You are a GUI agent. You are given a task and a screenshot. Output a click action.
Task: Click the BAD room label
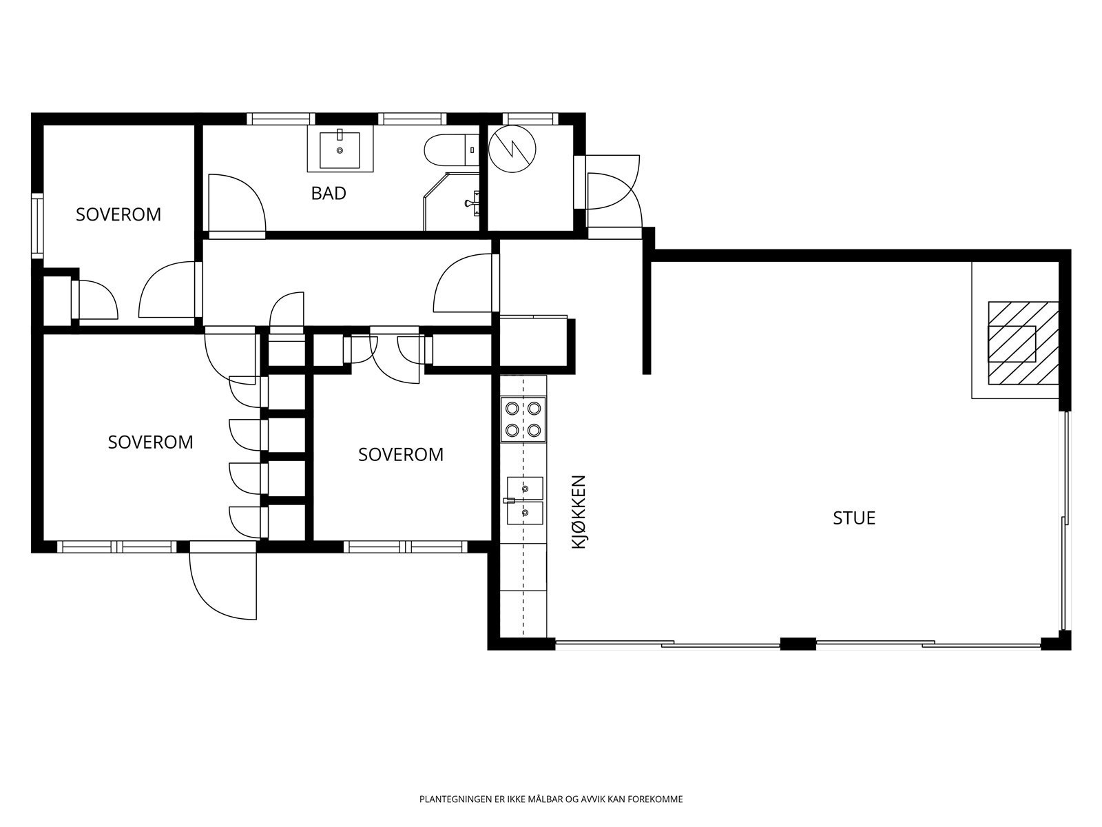(329, 194)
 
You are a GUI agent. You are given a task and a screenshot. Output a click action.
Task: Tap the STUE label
(854, 518)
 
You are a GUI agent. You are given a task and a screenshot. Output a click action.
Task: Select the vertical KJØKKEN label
(579, 511)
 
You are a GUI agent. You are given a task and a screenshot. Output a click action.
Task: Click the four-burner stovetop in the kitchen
(523, 419)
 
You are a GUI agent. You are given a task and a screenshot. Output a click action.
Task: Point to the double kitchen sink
(525, 500)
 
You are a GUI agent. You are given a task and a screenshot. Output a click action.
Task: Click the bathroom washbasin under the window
(340, 149)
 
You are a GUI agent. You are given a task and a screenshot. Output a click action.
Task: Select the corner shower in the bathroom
(452, 201)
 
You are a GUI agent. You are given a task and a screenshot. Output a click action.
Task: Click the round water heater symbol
(512, 149)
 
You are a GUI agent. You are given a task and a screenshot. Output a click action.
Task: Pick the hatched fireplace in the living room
(1023, 343)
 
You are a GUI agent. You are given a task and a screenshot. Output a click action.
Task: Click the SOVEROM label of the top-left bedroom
(118, 215)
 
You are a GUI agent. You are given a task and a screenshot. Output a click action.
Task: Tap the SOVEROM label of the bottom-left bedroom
(151, 442)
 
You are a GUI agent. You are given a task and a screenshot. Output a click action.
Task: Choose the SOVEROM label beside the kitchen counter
(401, 455)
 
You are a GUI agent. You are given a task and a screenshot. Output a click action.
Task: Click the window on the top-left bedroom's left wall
(37, 225)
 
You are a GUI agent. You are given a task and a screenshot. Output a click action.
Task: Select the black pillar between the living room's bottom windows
(798, 643)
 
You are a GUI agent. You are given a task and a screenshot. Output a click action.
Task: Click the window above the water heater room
(530, 119)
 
